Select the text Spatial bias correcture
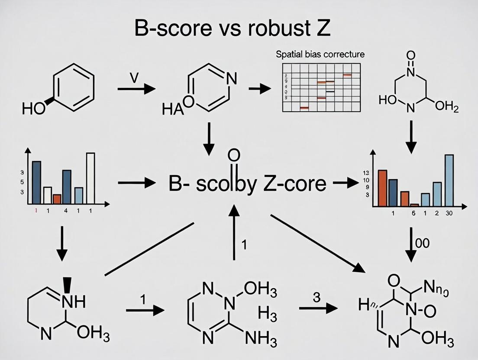tap(320, 55)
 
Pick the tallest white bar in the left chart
tap(90, 178)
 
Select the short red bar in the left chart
tap(57, 199)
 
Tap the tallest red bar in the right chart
tap(382, 187)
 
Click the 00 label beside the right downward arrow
tap(422, 243)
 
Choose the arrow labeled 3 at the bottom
tap(318, 308)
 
